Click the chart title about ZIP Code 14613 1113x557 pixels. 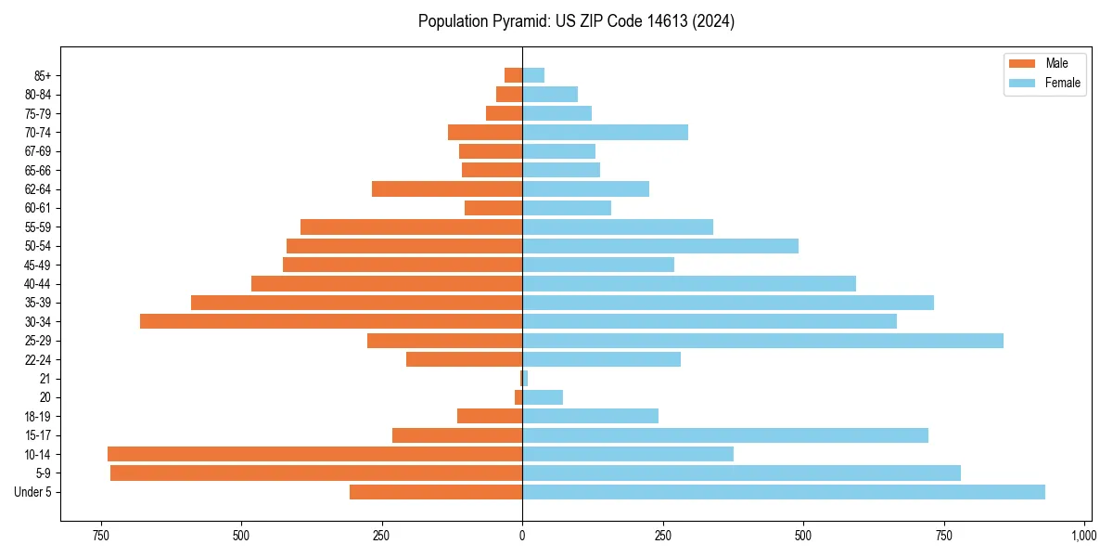click(576, 21)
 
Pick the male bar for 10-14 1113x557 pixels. click(315, 454)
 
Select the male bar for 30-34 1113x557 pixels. click(331, 321)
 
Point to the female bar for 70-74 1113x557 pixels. click(605, 132)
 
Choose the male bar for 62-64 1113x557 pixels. click(447, 188)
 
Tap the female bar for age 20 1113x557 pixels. click(543, 397)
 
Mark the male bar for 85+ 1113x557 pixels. click(514, 75)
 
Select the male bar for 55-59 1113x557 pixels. click(412, 227)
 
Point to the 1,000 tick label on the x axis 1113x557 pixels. click(1084, 536)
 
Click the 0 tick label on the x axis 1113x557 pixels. click(522, 536)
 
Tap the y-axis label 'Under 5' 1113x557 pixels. click(32, 492)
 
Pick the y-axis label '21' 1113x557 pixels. click(45, 379)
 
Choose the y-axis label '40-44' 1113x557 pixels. click(38, 284)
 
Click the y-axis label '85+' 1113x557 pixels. click(42, 75)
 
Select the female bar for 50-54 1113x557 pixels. click(660, 246)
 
